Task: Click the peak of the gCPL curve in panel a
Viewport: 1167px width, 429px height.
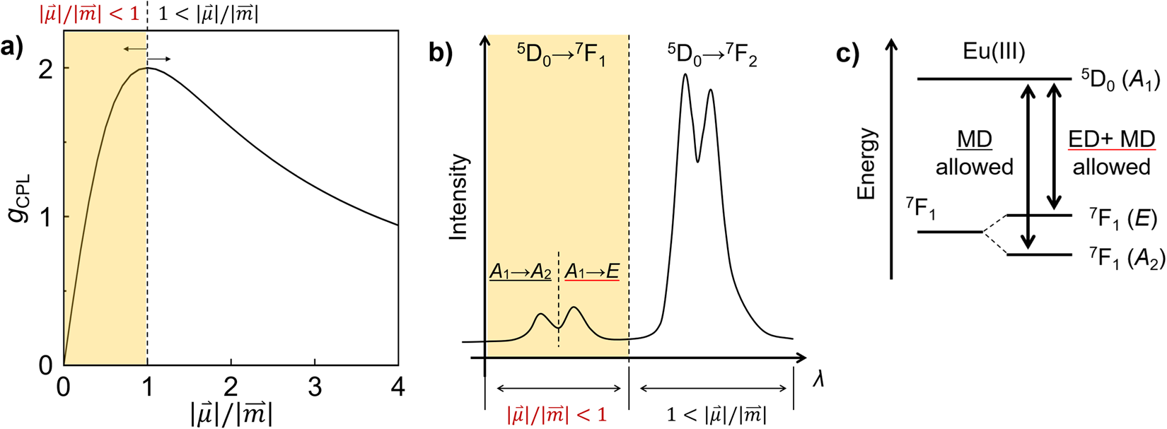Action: (x=147, y=68)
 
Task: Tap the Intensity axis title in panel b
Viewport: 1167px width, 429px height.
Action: (x=459, y=197)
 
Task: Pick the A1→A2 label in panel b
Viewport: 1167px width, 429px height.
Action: (x=520, y=271)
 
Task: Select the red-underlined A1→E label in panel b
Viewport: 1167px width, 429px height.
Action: (x=591, y=271)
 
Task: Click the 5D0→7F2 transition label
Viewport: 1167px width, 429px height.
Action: (x=712, y=54)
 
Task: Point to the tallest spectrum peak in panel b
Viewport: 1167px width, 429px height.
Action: (x=685, y=75)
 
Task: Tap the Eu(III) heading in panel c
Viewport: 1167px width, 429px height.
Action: (x=994, y=52)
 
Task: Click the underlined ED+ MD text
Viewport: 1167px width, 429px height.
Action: (x=1111, y=140)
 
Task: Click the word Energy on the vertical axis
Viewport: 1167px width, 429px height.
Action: (x=866, y=164)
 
